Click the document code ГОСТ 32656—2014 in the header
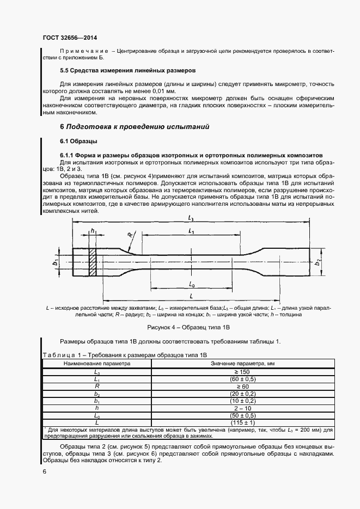click(x=70, y=39)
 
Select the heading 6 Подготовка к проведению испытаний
click(x=135, y=126)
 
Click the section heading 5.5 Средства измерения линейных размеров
click(x=127, y=71)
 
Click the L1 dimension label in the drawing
click(x=191, y=231)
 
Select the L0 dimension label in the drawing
click(x=192, y=284)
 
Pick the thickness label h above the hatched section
click(x=93, y=231)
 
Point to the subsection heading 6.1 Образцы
click(x=78, y=142)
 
